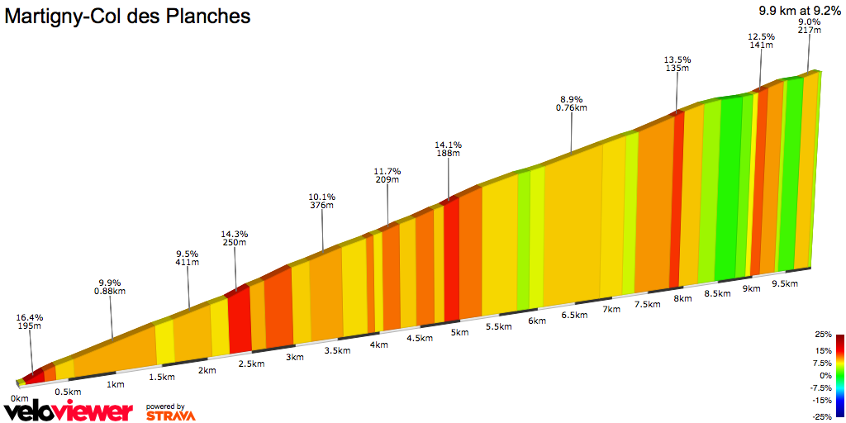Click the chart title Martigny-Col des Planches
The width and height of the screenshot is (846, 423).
click(128, 16)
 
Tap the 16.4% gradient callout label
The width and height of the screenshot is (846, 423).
click(30, 322)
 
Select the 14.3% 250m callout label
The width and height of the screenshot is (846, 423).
click(235, 238)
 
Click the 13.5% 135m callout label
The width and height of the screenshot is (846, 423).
click(677, 64)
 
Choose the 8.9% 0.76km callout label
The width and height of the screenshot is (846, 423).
click(571, 103)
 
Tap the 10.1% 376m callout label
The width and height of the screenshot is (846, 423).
click(322, 201)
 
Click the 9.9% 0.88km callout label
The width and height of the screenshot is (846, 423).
click(109, 286)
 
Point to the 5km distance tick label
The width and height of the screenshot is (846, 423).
click(459, 332)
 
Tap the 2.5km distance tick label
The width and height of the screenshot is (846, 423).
click(251, 364)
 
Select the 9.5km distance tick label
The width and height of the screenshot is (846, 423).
click(784, 283)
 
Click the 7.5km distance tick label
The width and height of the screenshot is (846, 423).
click(648, 304)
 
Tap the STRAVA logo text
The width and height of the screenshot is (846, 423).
click(170, 416)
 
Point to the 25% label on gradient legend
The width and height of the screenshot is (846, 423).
click(823, 335)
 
